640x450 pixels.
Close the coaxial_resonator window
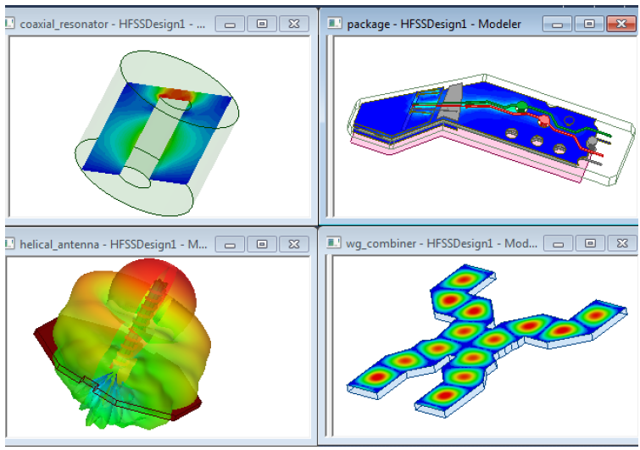(x=293, y=24)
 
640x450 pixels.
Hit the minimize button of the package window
(x=557, y=24)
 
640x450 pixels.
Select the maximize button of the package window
(x=588, y=24)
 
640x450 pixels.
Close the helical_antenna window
(x=293, y=244)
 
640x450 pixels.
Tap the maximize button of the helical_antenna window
(x=262, y=244)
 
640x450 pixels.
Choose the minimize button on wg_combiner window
(x=557, y=244)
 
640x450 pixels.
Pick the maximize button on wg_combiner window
(x=588, y=244)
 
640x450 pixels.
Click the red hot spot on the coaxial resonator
(x=175, y=94)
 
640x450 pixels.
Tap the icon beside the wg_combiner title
(x=335, y=244)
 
